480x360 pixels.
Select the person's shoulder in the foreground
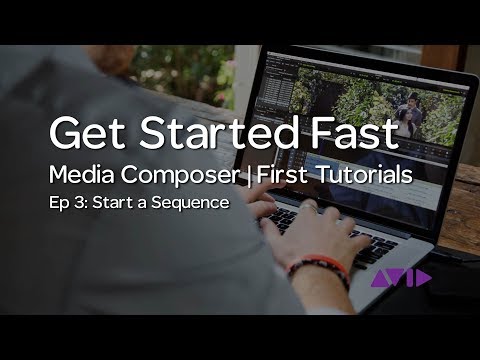click(x=60, y=90)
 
